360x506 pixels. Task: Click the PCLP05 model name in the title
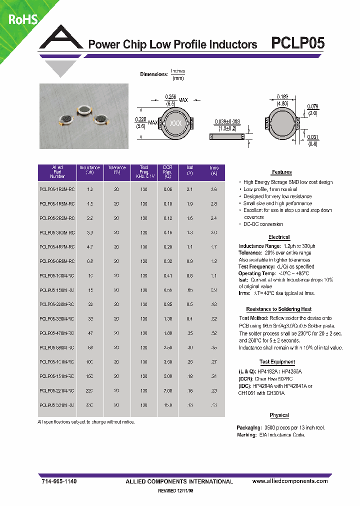[x=297, y=43]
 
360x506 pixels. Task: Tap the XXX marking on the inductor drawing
[x=176, y=123]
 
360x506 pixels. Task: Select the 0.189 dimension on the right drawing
[x=282, y=96]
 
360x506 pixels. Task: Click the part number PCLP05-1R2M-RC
[x=57, y=189]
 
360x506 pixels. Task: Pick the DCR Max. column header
[x=167, y=172]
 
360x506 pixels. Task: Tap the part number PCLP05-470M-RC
[x=57, y=332]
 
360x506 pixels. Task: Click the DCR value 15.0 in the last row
[x=167, y=404]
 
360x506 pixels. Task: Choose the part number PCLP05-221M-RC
[x=57, y=390]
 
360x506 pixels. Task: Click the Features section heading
[x=282, y=172]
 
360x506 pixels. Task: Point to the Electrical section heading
[x=279, y=237]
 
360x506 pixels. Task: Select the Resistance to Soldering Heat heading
[x=278, y=309]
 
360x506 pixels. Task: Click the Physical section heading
[x=279, y=415]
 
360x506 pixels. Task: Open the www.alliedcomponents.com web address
[x=289, y=481]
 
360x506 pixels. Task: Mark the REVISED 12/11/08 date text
[x=178, y=491]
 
